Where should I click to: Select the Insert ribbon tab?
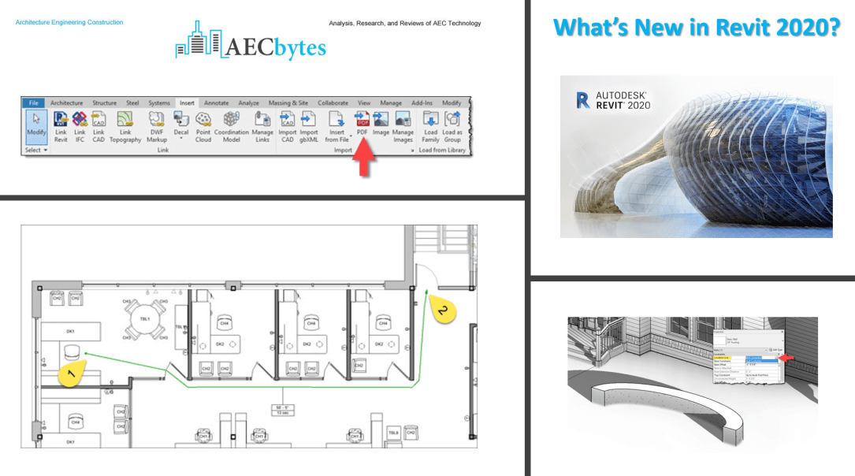[187, 102]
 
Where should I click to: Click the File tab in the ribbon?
[33, 102]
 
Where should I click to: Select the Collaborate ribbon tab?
[333, 102]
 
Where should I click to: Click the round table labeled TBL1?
[145, 319]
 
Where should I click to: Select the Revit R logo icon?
[583, 99]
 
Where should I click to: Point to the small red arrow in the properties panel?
[786, 359]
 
